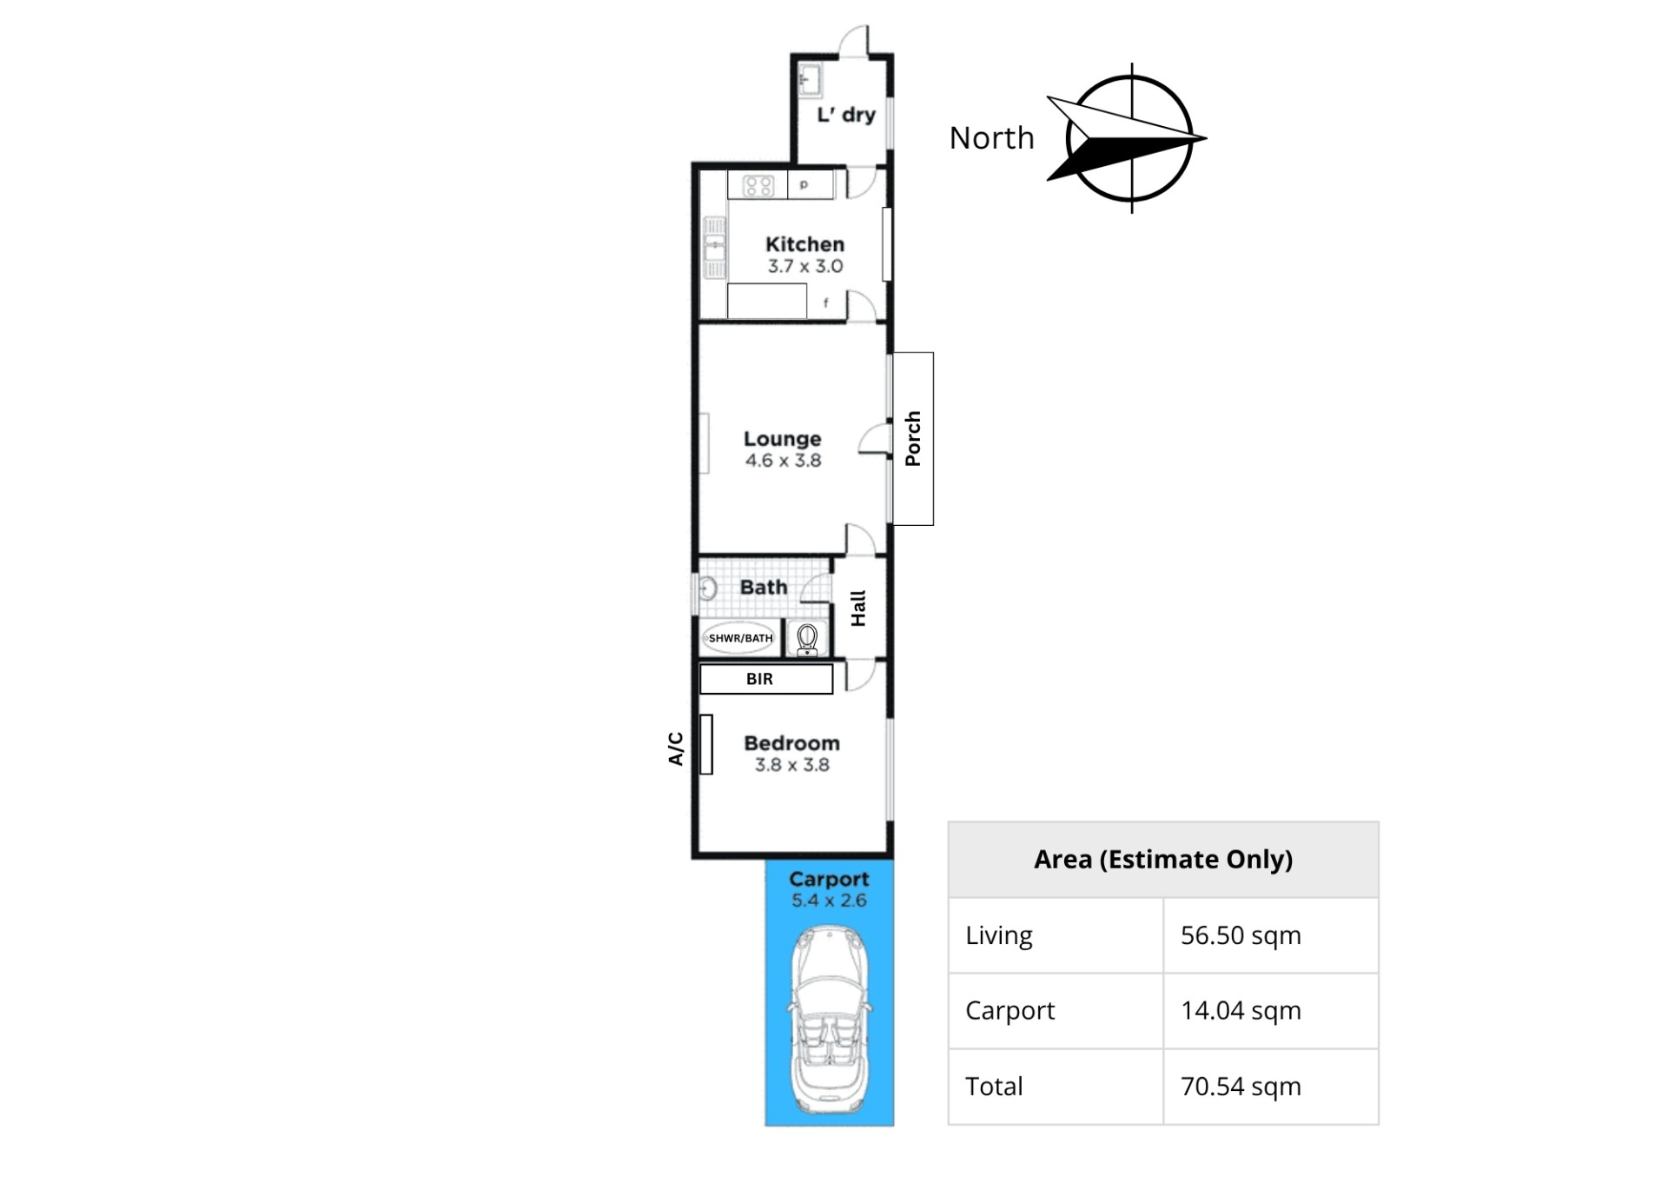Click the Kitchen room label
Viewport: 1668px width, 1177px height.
point(804,244)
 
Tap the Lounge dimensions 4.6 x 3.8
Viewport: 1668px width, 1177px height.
point(783,461)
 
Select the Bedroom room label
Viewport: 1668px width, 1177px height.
point(791,743)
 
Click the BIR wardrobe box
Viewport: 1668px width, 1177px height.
point(766,679)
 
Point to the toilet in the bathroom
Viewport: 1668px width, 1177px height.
point(807,639)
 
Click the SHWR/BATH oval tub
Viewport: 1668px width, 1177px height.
point(740,638)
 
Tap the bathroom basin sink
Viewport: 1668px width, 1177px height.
point(707,588)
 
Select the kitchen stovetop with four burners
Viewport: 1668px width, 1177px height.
point(758,185)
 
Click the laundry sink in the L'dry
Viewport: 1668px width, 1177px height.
point(810,81)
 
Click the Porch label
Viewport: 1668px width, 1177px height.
point(912,439)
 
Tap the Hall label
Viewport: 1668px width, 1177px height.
point(858,608)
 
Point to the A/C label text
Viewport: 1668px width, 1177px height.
point(676,748)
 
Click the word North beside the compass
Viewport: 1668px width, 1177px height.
point(991,137)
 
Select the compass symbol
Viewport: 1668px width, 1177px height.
point(1128,138)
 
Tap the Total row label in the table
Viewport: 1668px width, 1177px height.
point(994,1087)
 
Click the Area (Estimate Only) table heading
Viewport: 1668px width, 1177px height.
point(1163,860)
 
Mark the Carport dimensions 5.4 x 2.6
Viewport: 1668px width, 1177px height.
point(829,901)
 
